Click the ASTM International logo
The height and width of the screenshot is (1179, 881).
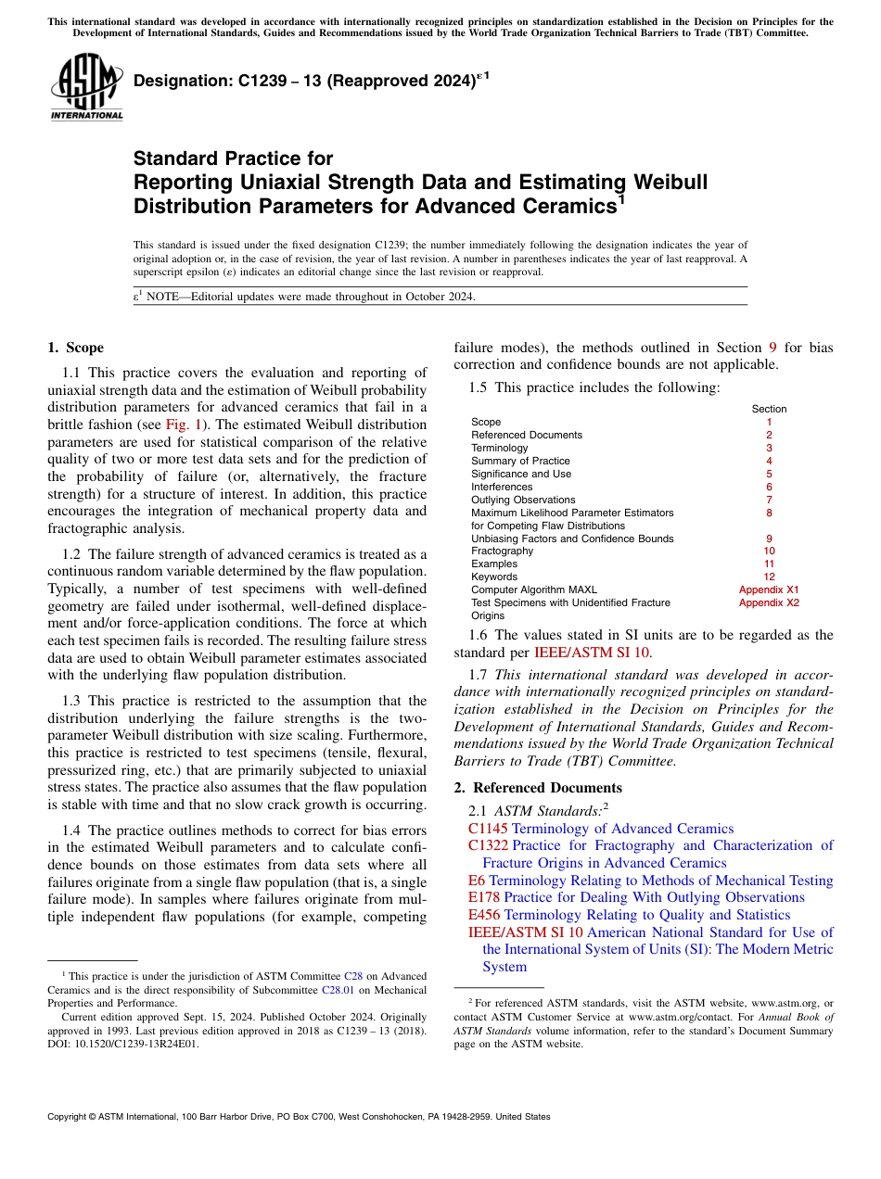point(85,88)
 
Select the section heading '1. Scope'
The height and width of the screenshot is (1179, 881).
point(75,349)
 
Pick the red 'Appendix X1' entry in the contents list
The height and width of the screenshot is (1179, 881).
point(768,589)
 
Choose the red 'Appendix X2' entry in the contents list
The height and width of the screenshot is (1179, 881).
point(768,602)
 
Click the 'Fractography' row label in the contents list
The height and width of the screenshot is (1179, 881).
point(502,551)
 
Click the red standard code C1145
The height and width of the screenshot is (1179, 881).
point(488,829)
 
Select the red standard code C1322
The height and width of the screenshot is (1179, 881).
point(488,845)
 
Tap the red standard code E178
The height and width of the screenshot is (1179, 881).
point(484,897)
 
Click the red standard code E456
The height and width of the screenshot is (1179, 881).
point(484,915)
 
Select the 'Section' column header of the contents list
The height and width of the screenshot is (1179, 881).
point(768,409)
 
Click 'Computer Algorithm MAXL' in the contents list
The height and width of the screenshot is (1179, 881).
point(533,589)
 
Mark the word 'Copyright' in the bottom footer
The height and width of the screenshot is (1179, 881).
point(69,1117)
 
